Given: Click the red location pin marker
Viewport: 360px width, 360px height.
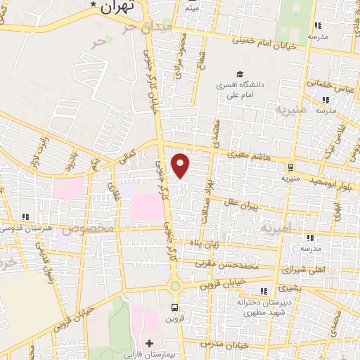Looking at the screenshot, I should pos(181,166).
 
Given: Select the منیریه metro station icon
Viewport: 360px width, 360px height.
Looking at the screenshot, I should pos(289,167).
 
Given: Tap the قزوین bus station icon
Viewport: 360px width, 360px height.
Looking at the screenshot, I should pos(175,307).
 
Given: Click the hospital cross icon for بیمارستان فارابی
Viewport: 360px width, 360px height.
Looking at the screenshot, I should pos(148,343).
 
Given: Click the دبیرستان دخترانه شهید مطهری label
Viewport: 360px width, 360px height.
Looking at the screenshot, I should pos(263,306).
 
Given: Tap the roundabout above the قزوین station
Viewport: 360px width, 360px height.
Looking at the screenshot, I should pos(175,286).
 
